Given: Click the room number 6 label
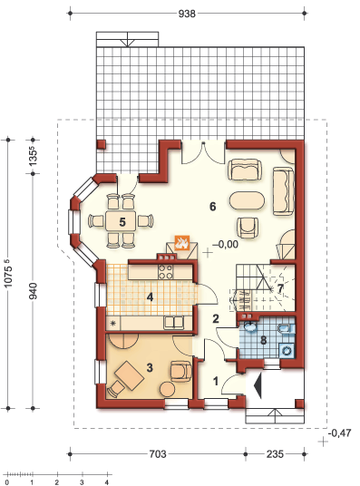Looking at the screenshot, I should click(x=212, y=207).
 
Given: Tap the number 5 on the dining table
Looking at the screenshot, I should click(x=122, y=220).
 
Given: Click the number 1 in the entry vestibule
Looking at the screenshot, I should click(x=215, y=382).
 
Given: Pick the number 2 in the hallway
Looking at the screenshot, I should click(x=216, y=318).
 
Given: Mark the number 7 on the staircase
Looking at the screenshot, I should click(x=280, y=289).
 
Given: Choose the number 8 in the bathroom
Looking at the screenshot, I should click(x=264, y=341).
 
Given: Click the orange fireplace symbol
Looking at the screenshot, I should click(x=182, y=244).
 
